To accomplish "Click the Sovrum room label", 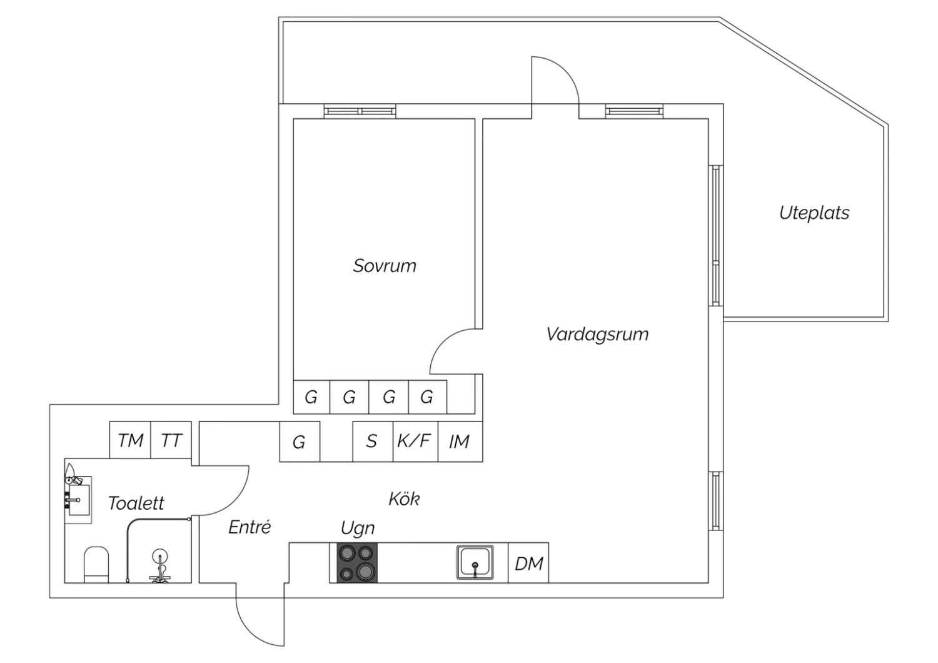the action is click(x=385, y=266).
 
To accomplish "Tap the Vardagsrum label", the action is click(x=597, y=334).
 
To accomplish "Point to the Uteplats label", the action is click(x=814, y=213).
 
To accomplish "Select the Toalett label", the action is click(x=136, y=503).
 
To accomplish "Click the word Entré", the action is click(x=250, y=527).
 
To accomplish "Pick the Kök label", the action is click(x=404, y=499).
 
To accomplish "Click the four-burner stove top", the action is click(x=357, y=562).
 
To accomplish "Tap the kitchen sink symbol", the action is click(x=475, y=562).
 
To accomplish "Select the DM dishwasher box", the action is click(x=528, y=562).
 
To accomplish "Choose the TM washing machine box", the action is click(x=130, y=440).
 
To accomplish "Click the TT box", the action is click(x=171, y=440).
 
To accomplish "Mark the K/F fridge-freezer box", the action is click(x=415, y=442).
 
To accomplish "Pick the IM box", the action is click(x=460, y=442).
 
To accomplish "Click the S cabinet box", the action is click(x=373, y=442).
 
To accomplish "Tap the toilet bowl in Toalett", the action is click(x=96, y=564).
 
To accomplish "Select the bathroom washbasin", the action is click(x=79, y=500).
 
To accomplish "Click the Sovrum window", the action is click(x=360, y=111).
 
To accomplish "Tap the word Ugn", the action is click(x=358, y=528).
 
